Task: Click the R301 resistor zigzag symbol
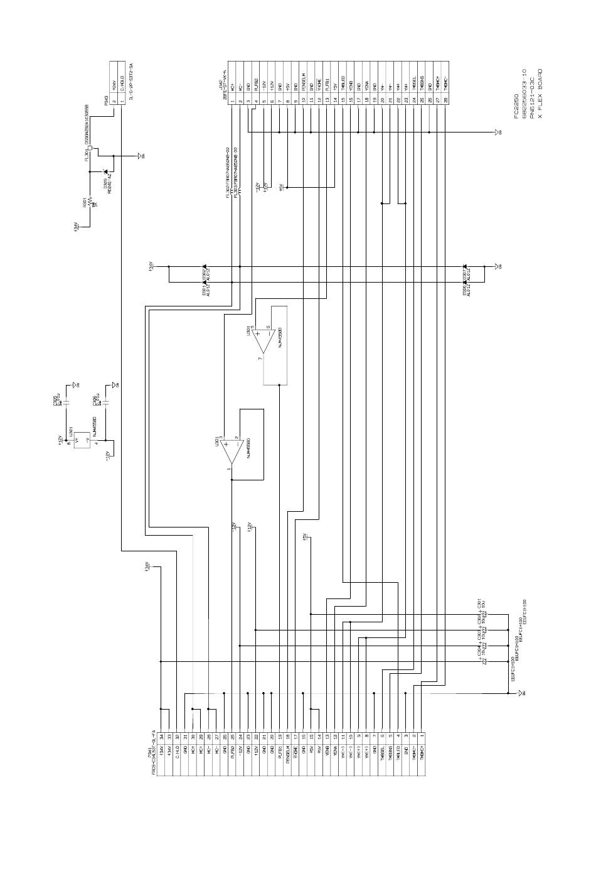(90, 203)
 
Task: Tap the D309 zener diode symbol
(105, 171)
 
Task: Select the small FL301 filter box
(91, 149)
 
